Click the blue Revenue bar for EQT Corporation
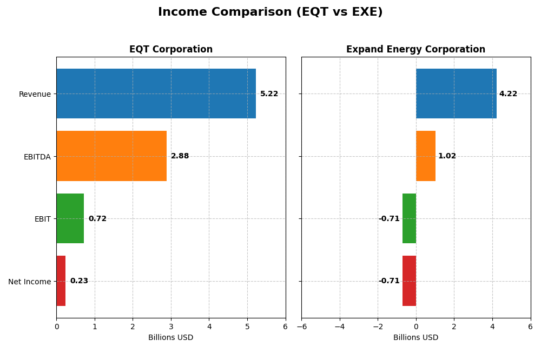[x=156, y=94]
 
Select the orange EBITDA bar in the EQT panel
[x=111, y=156]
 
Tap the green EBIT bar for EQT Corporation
[x=70, y=218]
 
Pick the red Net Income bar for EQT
[x=61, y=281]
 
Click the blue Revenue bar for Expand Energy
[x=456, y=94]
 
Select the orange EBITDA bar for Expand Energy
[x=426, y=156]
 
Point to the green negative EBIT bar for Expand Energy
[x=409, y=218]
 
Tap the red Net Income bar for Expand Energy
[x=409, y=281]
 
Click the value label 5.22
[x=269, y=94]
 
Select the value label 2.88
[x=180, y=156]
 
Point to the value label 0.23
[x=79, y=281]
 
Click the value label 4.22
[x=508, y=94]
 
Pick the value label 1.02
[x=447, y=156]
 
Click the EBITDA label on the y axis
[x=37, y=157]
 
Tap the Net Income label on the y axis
[x=29, y=282]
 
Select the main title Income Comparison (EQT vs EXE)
[x=270, y=12]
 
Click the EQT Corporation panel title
[x=171, y=50]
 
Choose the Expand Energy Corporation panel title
[x=415, y=50]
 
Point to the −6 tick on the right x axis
[x=301, y=326]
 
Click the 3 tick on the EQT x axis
[x=171, y=326]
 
